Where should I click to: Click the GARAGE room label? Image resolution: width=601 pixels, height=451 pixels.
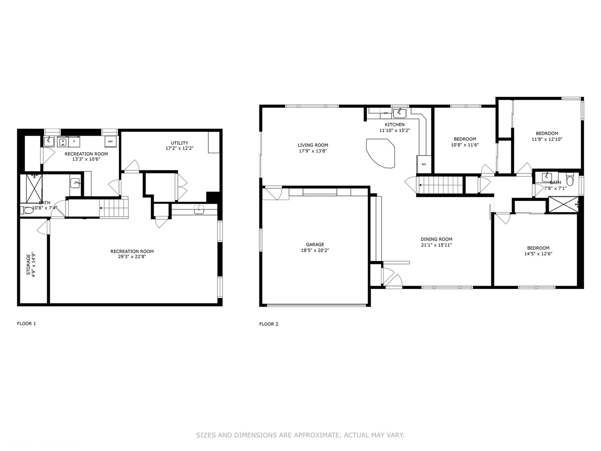click(315, 245)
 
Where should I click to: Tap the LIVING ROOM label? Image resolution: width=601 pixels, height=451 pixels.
click(313, 145)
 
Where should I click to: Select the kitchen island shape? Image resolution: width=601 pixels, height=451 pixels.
click(380, 153)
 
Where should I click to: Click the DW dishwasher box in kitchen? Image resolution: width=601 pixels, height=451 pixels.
click(386, 113)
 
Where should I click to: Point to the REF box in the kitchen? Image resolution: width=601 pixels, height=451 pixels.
click(424, 164)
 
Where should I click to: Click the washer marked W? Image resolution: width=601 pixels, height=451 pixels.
click(63, 142)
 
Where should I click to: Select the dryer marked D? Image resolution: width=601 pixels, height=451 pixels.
click(74, 142)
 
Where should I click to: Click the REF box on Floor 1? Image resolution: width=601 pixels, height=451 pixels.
click(111, 142)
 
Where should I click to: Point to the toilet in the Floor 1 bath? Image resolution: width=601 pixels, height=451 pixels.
click(28, 210)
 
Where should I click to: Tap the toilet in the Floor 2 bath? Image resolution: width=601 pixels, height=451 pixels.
click(570, 180)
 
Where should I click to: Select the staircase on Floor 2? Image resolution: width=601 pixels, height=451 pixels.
click(441, 185)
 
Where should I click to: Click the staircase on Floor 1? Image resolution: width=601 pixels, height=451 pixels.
click(114, 208)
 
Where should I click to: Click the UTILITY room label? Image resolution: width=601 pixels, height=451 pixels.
click(179, 143)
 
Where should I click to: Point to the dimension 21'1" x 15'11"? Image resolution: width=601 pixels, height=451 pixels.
click(436, 245)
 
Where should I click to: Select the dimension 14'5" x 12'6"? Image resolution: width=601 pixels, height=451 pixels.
click(538, 253)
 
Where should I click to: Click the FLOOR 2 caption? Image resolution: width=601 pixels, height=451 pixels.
click(268, 324)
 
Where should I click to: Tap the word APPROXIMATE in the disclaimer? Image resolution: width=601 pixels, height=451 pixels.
click(317, 435)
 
